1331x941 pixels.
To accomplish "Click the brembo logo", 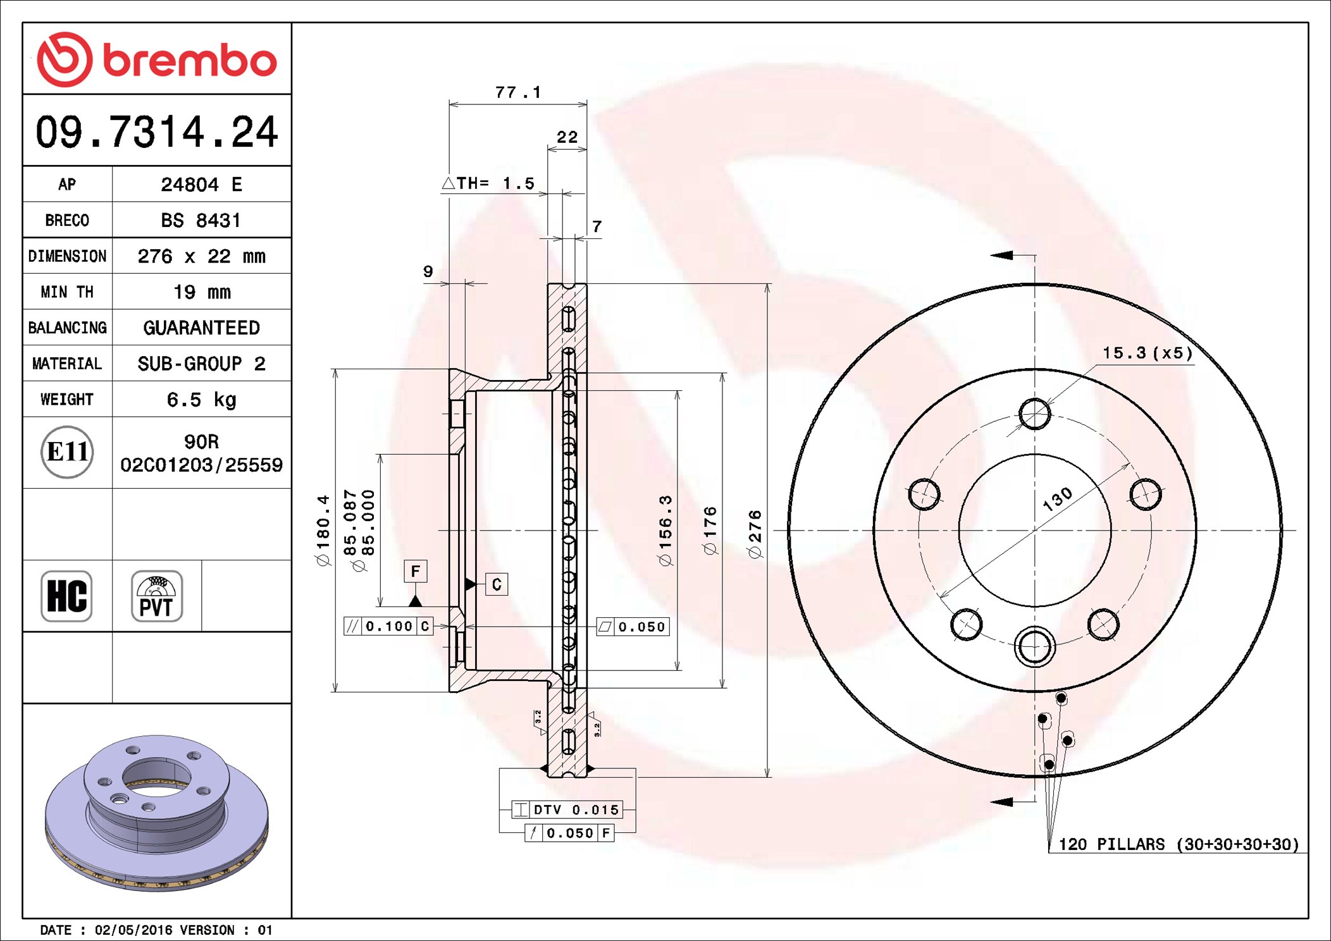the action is coord(157,59).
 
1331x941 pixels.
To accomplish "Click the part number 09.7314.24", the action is coord(157,132).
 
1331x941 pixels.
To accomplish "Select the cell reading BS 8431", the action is coord(201,220).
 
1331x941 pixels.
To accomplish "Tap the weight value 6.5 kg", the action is coord(201,399).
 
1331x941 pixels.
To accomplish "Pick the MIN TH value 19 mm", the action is coord(202,292).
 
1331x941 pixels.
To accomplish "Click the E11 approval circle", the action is coord(67,452).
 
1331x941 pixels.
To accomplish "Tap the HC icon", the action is coord(66,596).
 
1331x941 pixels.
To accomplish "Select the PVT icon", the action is coord(156,596).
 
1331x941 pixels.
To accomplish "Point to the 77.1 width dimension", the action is coord(518,92).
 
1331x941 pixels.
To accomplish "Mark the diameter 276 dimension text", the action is coord(755,534).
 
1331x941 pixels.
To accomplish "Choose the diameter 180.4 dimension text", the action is coord(323,530).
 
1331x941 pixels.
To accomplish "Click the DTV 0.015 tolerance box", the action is coord(567,809).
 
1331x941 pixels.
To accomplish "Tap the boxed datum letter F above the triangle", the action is coord(416,571).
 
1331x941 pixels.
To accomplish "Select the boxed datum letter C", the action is coord(497,584).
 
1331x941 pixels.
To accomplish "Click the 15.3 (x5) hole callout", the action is coord(1148,353).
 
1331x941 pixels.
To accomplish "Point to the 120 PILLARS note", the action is coord(1179,844).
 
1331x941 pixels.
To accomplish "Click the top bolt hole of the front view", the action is coord(1035,414).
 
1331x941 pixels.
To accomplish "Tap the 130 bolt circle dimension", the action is coord(1057,499).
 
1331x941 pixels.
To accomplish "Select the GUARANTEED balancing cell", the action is coord(201,328).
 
